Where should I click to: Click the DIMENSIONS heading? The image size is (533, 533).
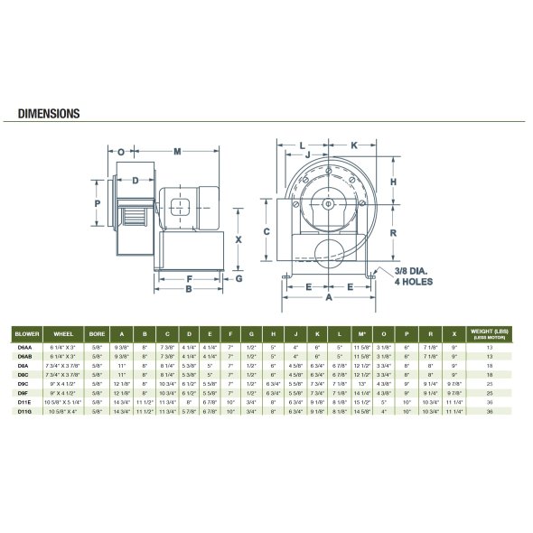51,115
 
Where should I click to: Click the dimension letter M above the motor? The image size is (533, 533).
178,150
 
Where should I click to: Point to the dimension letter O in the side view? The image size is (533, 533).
121,152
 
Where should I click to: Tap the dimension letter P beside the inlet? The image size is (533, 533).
98,204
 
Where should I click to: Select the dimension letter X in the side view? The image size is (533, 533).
239,239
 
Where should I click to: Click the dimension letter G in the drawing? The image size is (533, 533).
239,278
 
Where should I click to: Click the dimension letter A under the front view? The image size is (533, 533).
329,297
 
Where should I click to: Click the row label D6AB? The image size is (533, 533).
27,357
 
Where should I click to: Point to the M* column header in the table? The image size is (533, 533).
361,332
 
